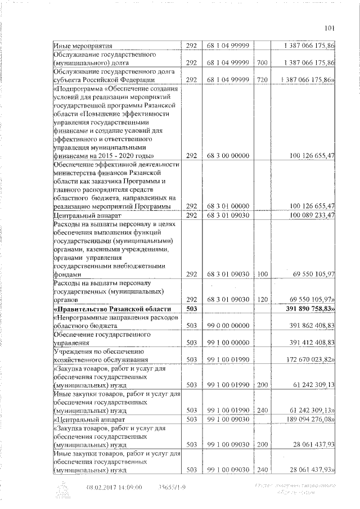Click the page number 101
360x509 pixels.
pyautogui.click(x=330, y=28)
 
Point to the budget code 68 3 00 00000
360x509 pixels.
pyautogui.click(x=227, y=155)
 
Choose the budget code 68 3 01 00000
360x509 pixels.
pyautogui.click(x=227, y=206)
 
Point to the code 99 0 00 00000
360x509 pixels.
pyautogui.click(x=227, y=326)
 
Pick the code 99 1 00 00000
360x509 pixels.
pyautogui.click(x=227, y=342)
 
